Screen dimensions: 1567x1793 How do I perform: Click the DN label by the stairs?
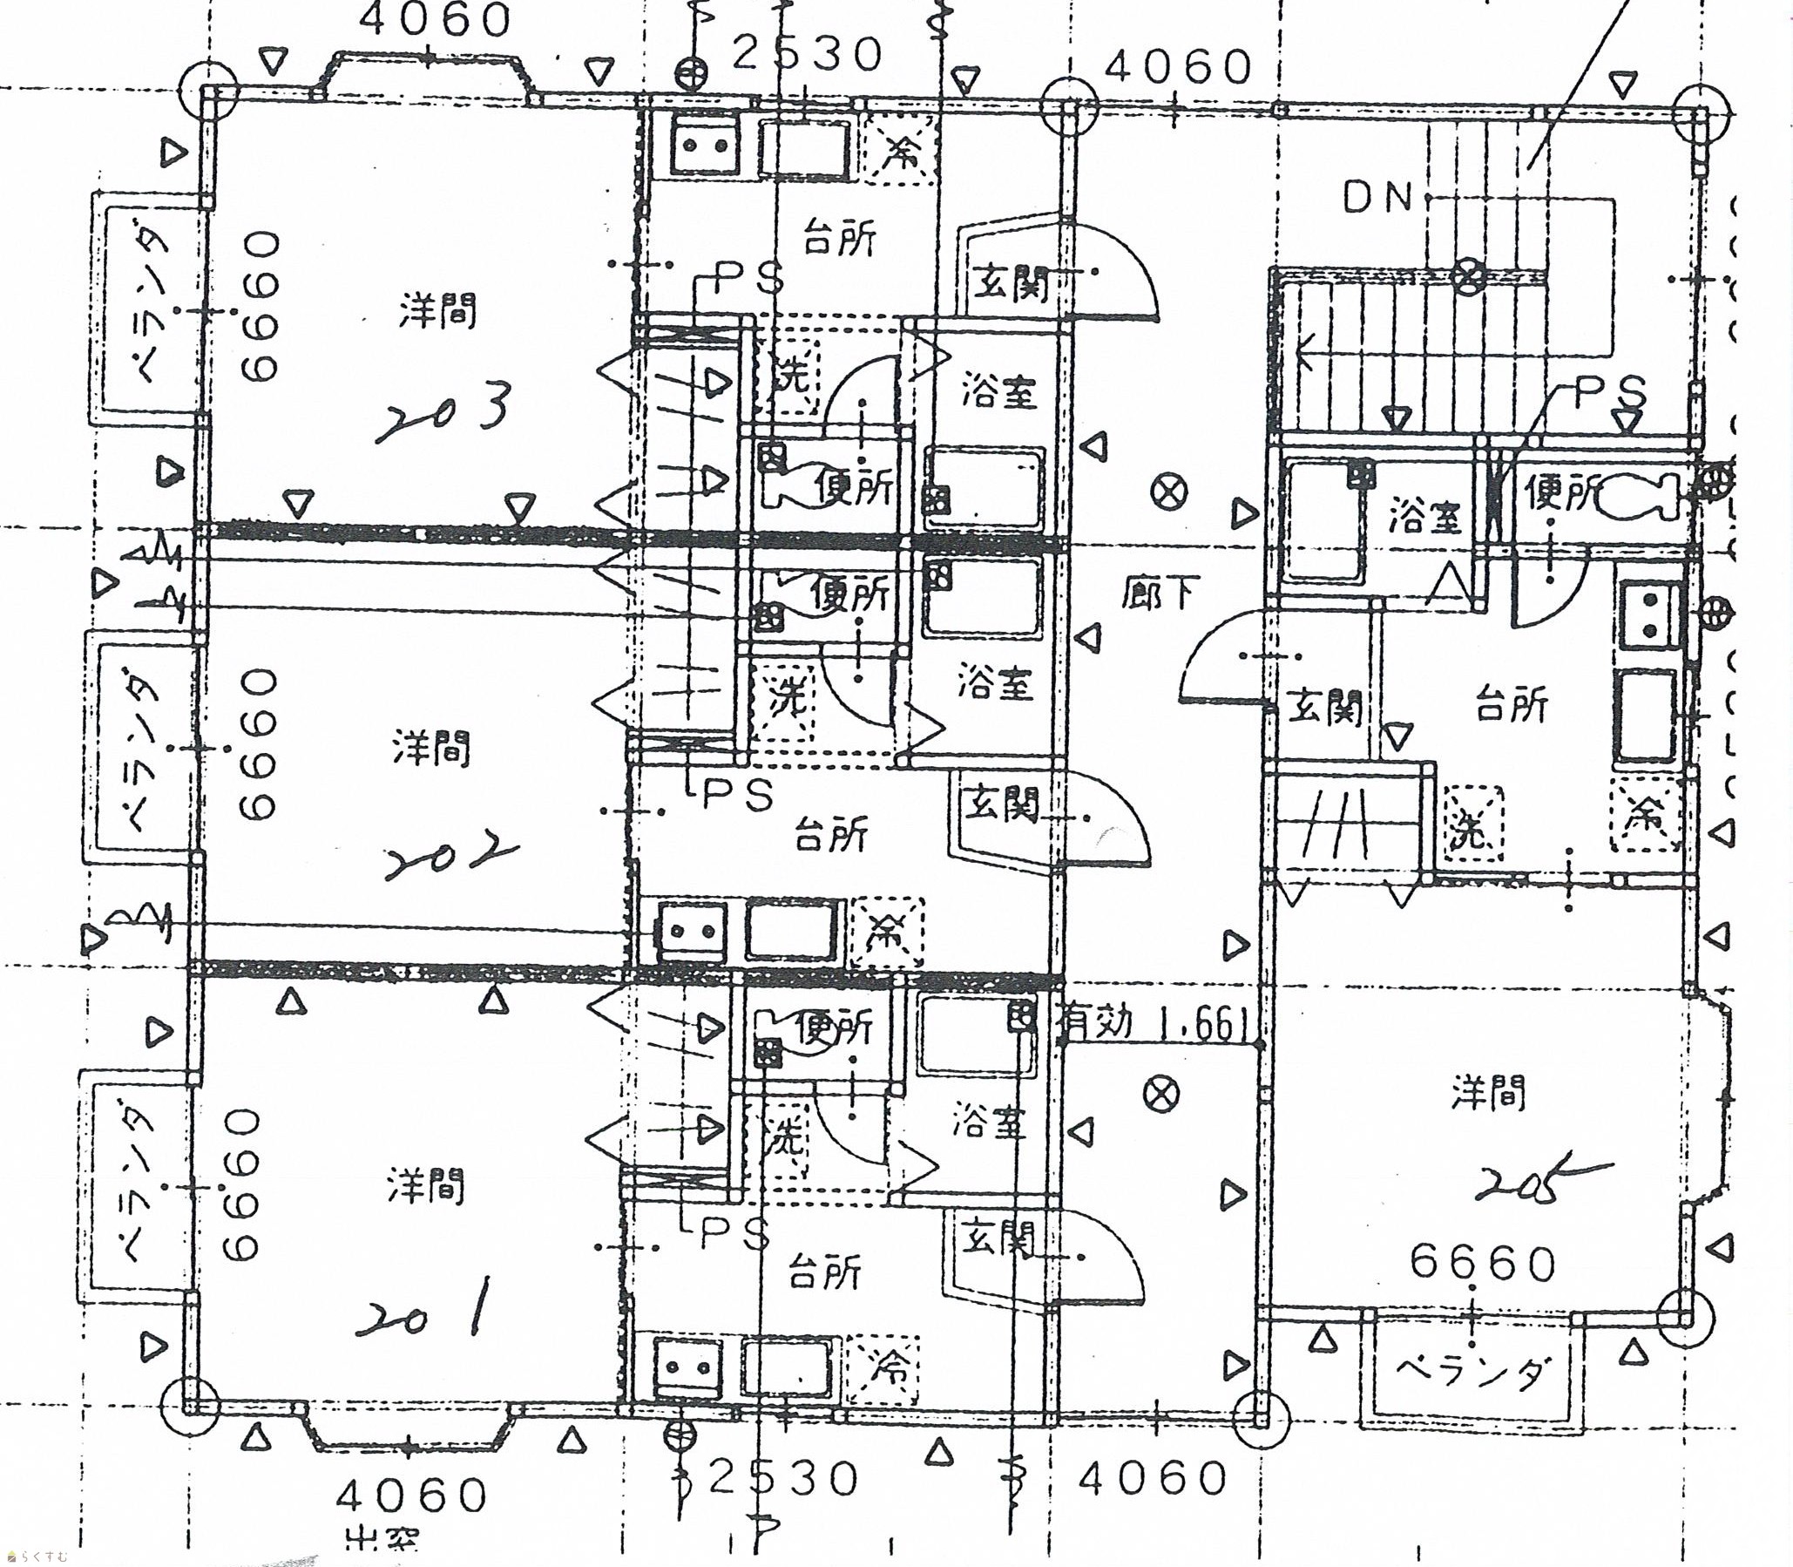tap(1377, 200)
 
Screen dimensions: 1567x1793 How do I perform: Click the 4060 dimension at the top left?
tap(435, 19)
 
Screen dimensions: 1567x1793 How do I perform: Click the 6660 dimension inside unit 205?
tap(1484, 1263)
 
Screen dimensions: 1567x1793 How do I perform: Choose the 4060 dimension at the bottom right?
tap(1152, 1478)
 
